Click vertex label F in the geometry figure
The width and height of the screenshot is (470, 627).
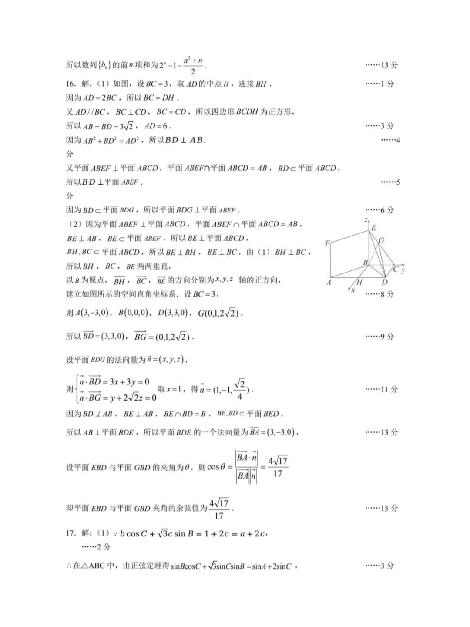click(327, 243)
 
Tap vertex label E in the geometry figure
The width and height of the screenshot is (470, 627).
click(373, 228)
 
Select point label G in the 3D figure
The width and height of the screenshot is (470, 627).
click(382, 240)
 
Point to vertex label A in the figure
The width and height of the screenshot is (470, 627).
click(329, 283)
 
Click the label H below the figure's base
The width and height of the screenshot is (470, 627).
click(359, 282)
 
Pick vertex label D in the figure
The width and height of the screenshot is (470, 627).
click(385, 282)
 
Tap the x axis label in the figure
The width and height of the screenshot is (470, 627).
click(353, 290)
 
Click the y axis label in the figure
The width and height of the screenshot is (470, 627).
click(403, 270)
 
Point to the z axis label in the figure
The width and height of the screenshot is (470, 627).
click(366, 220)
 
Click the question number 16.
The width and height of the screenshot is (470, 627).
click(70, 84)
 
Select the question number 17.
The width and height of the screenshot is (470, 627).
click(70, 533)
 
